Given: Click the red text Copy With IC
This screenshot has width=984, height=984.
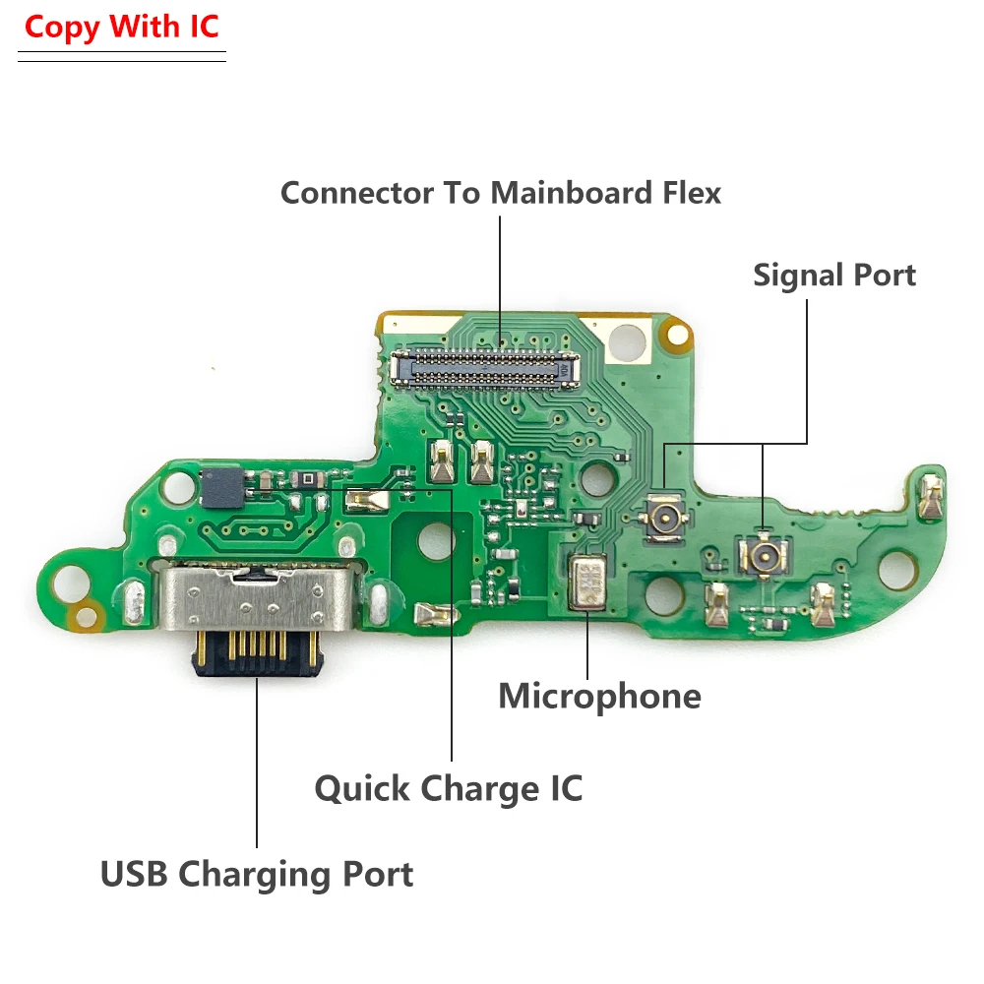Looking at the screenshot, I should click(x=122, y=28).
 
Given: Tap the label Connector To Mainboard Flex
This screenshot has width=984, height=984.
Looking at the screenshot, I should click(x=500, y=192).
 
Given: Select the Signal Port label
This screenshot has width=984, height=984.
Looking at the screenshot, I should click(x=833, y=276).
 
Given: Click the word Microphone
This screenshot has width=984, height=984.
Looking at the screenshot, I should click(x=599, y=696).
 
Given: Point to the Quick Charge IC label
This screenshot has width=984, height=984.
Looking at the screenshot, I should click(x=449, y=788).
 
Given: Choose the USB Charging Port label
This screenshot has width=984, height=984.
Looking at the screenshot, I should click(x=257, y=874).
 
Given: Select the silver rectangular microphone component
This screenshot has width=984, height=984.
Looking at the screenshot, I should click(x=588, y=582).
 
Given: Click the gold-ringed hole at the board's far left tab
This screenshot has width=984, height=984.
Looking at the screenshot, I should click(x=89, y=618).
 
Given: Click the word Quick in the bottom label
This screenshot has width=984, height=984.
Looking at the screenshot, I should click(x=363, y=788).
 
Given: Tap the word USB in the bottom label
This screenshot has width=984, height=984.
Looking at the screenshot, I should click(x=135, y=874).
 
